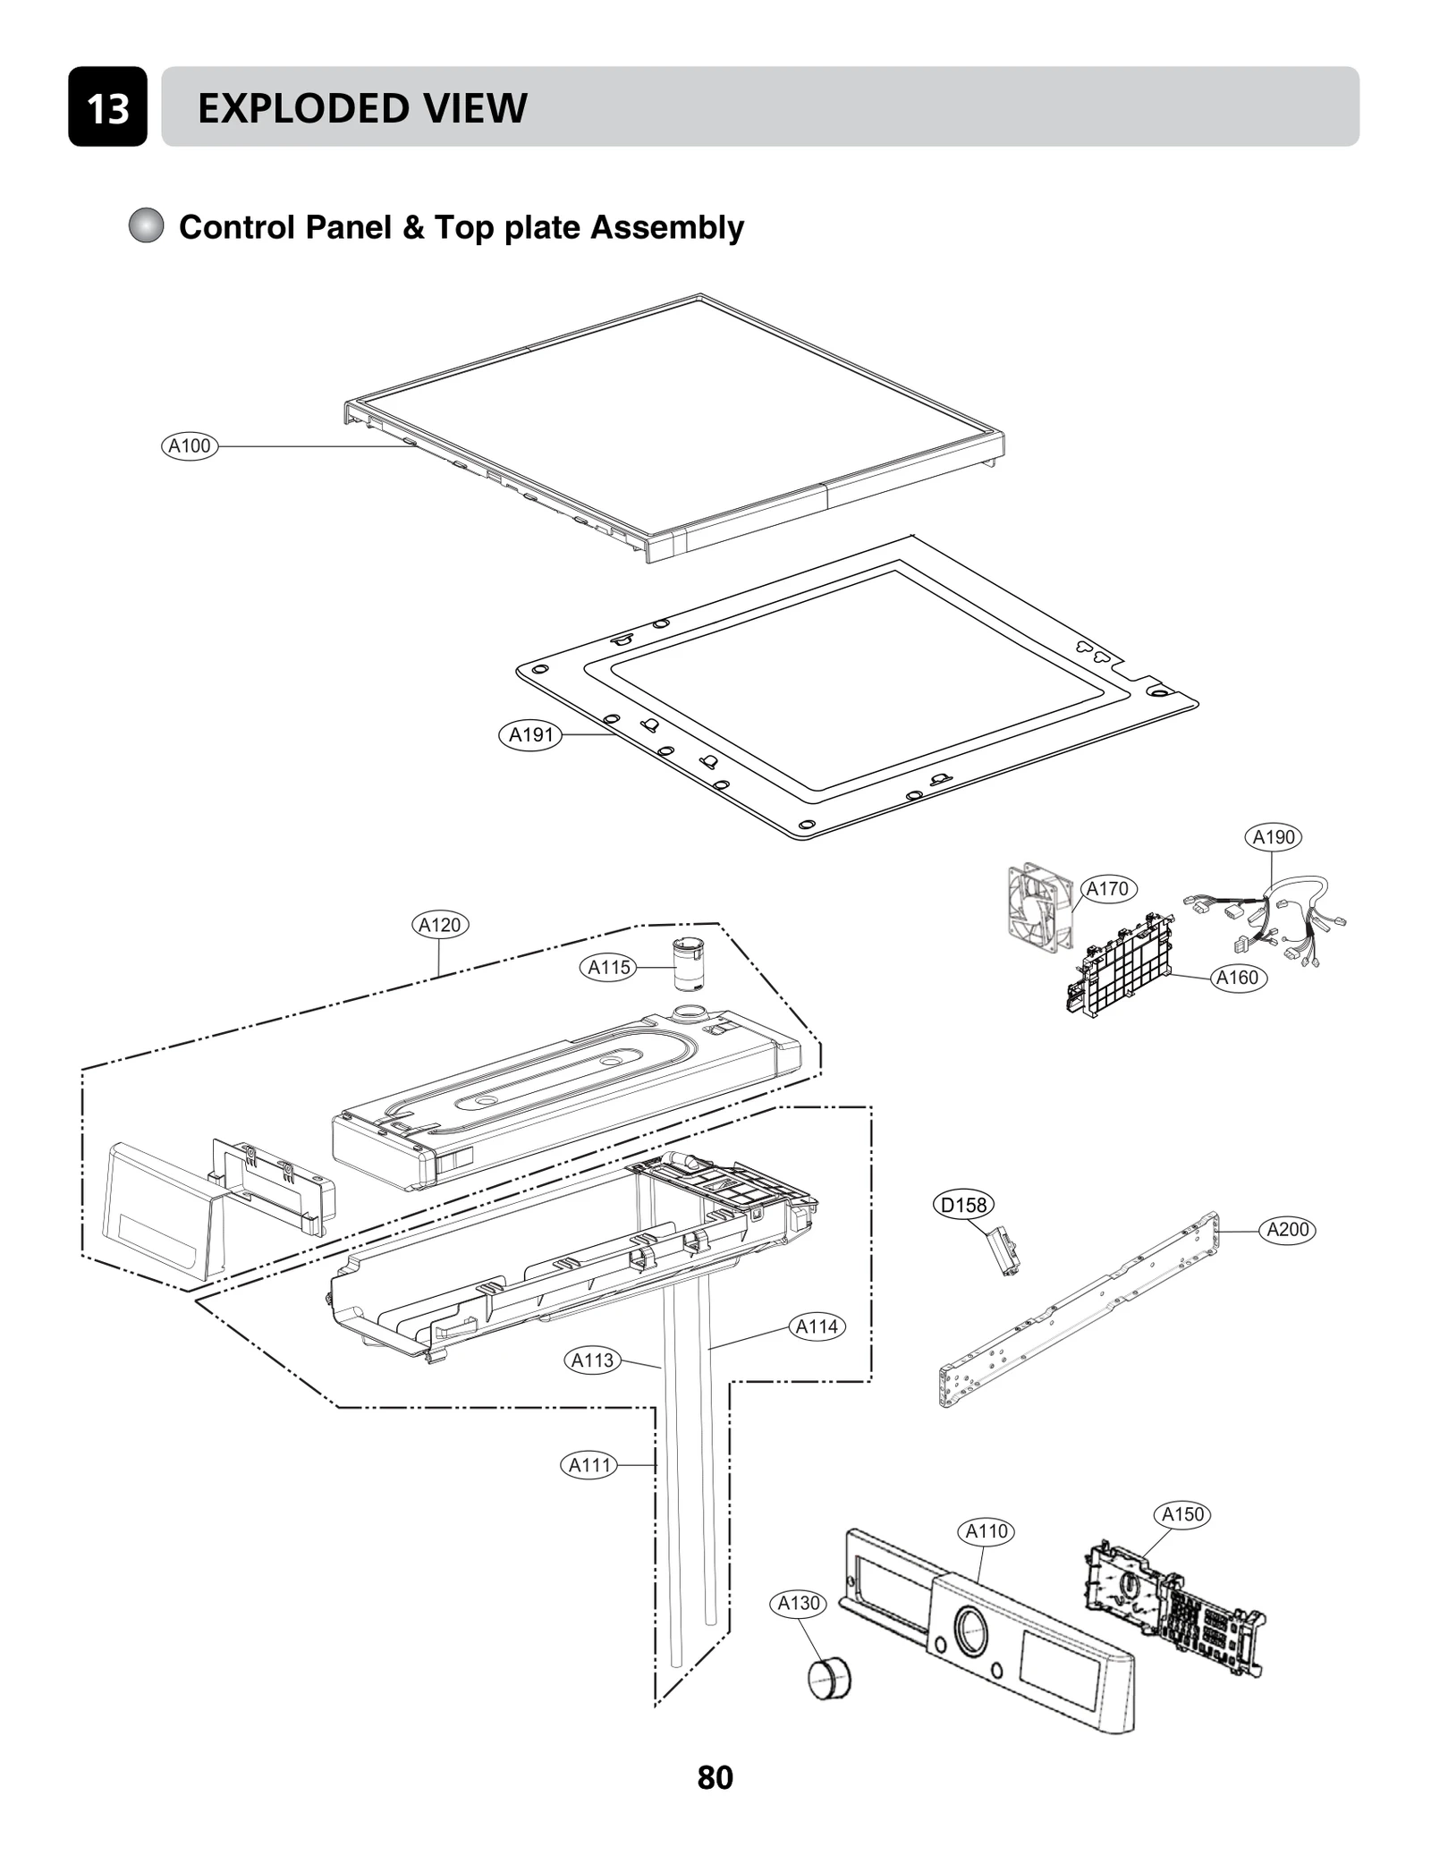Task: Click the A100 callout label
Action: [190, 445]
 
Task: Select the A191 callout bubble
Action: [530, 734]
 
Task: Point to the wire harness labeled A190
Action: [1270, 921]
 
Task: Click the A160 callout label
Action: [1237, 978]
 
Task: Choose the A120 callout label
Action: [439, 925]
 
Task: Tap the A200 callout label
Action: [1287, 1229]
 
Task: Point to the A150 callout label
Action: [1182, 1514]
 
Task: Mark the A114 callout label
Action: [817, 1326]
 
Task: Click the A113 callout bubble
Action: [592, 1360]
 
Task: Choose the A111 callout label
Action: [589, 1465]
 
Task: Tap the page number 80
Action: [715, 1777]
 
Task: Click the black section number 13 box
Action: [107, 107]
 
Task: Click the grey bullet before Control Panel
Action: [146, 226]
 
